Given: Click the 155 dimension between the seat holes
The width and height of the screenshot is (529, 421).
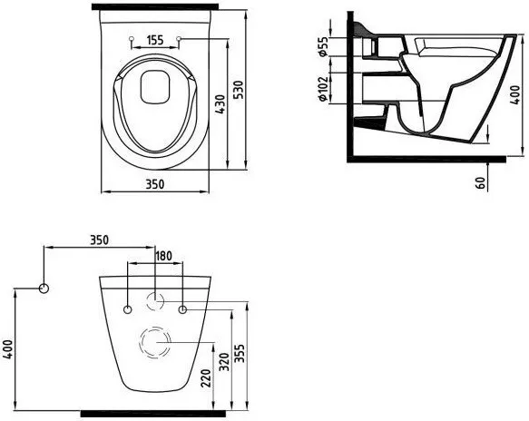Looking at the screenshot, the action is (x=155, y=40).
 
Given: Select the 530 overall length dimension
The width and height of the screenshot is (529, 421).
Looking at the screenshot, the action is (x=239, y=90).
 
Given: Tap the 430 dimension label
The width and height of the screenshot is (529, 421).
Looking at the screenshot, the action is (x=220, y=104).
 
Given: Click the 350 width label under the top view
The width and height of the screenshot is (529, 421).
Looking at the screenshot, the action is (x=155, y=184).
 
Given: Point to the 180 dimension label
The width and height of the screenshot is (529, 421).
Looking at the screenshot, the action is (x=163, y=256).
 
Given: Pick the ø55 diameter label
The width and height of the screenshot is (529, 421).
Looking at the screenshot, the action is (x=323, y=46).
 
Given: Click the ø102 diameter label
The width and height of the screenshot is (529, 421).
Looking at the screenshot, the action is (x=323, y=89).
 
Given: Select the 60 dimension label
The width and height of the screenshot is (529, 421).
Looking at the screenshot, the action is (x=481, y=182).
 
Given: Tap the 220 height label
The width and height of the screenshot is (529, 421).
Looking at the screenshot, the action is (x=205, y=377).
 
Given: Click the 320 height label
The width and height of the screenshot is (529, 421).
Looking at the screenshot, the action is (x=224, y=362).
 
